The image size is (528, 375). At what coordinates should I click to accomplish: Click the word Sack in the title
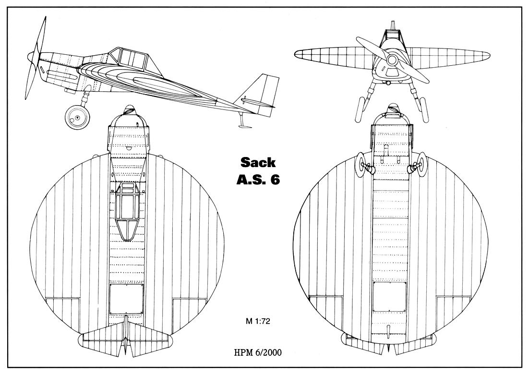[258, 162]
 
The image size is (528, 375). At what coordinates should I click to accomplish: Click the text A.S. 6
[258, 180]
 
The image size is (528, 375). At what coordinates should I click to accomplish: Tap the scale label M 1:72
[258, 321]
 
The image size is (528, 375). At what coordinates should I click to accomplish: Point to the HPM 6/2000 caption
[258, 353]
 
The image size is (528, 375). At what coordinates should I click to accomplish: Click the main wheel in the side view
[77, 117]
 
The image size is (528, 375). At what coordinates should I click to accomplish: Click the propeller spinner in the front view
[392, 60]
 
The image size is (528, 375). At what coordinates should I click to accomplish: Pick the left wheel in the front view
[360, 110]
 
